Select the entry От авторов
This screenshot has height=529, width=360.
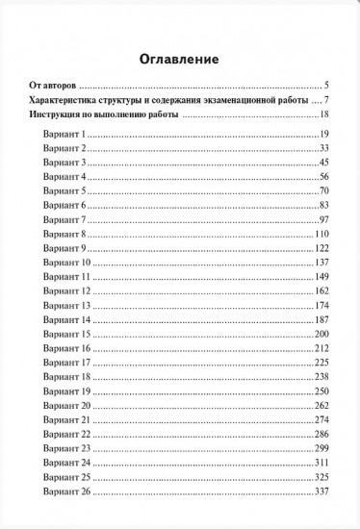53,86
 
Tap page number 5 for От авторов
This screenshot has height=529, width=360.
327,86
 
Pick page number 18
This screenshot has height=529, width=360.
325,115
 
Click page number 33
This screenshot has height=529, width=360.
324,148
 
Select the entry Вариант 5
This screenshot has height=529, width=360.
64,191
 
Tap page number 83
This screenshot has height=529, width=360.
324,206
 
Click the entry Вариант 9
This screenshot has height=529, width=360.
64,249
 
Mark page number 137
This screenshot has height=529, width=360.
322,263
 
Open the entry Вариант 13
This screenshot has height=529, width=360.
66,305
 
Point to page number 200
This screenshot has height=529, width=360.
322,333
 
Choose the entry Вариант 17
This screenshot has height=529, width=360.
66,362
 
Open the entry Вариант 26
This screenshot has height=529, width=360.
66,492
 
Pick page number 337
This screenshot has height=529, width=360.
322,492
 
